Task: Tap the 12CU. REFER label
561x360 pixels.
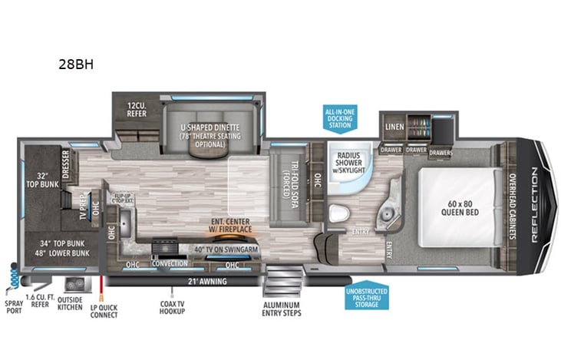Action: (137, 109)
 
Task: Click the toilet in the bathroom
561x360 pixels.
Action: (335, 213)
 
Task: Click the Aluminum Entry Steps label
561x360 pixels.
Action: (280, 308)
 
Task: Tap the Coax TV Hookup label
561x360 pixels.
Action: (176, 308)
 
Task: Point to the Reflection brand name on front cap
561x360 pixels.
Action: (534, 206)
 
